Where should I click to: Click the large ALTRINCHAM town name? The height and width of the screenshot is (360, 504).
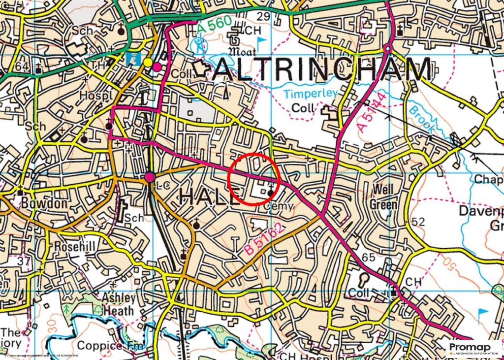322,70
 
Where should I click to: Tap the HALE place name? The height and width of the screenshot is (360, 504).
209,196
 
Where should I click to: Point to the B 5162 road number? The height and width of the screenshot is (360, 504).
265,240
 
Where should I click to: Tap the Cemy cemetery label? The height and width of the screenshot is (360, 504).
279,206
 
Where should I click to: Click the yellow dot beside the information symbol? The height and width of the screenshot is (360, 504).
148,63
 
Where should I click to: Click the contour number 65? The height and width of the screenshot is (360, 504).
368,257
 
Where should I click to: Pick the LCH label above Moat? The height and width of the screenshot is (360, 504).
249,31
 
